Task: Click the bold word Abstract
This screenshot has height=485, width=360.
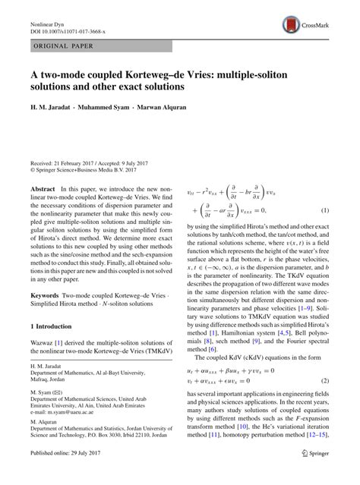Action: [44, 187]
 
